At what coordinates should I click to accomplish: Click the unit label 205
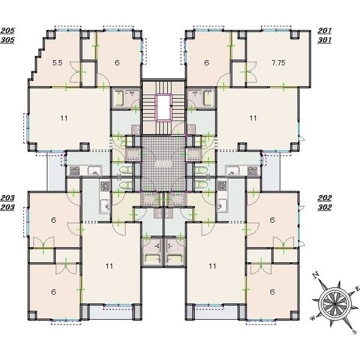click(7, 31)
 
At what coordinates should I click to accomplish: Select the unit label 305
click(7, 40)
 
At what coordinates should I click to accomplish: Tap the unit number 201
click(325, 31)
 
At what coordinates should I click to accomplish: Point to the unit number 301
click(325, 40)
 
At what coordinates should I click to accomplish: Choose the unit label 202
click(325, 197)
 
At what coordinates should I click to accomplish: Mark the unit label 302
click(325, 208)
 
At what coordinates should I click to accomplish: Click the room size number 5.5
click(58, 62)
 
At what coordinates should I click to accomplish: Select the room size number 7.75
click(278, 62)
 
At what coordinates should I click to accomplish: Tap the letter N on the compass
click(316, 275)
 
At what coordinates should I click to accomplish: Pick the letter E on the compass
click(356, 289)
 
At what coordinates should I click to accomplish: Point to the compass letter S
click(355, 332)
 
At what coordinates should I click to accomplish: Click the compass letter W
click(313, 318)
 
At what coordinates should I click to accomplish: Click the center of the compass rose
click(335, 304)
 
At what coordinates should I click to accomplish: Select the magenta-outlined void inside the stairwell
click(163, 107)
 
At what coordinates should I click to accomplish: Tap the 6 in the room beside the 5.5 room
click(117, 62)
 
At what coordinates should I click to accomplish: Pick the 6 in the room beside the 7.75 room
click(206, 62)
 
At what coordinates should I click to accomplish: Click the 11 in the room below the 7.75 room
click(253, 118)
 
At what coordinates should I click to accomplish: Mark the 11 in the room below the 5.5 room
click(64, 118)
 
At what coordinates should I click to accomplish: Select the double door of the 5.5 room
click(76, 72)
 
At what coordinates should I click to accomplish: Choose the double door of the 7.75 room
click(251, 72)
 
